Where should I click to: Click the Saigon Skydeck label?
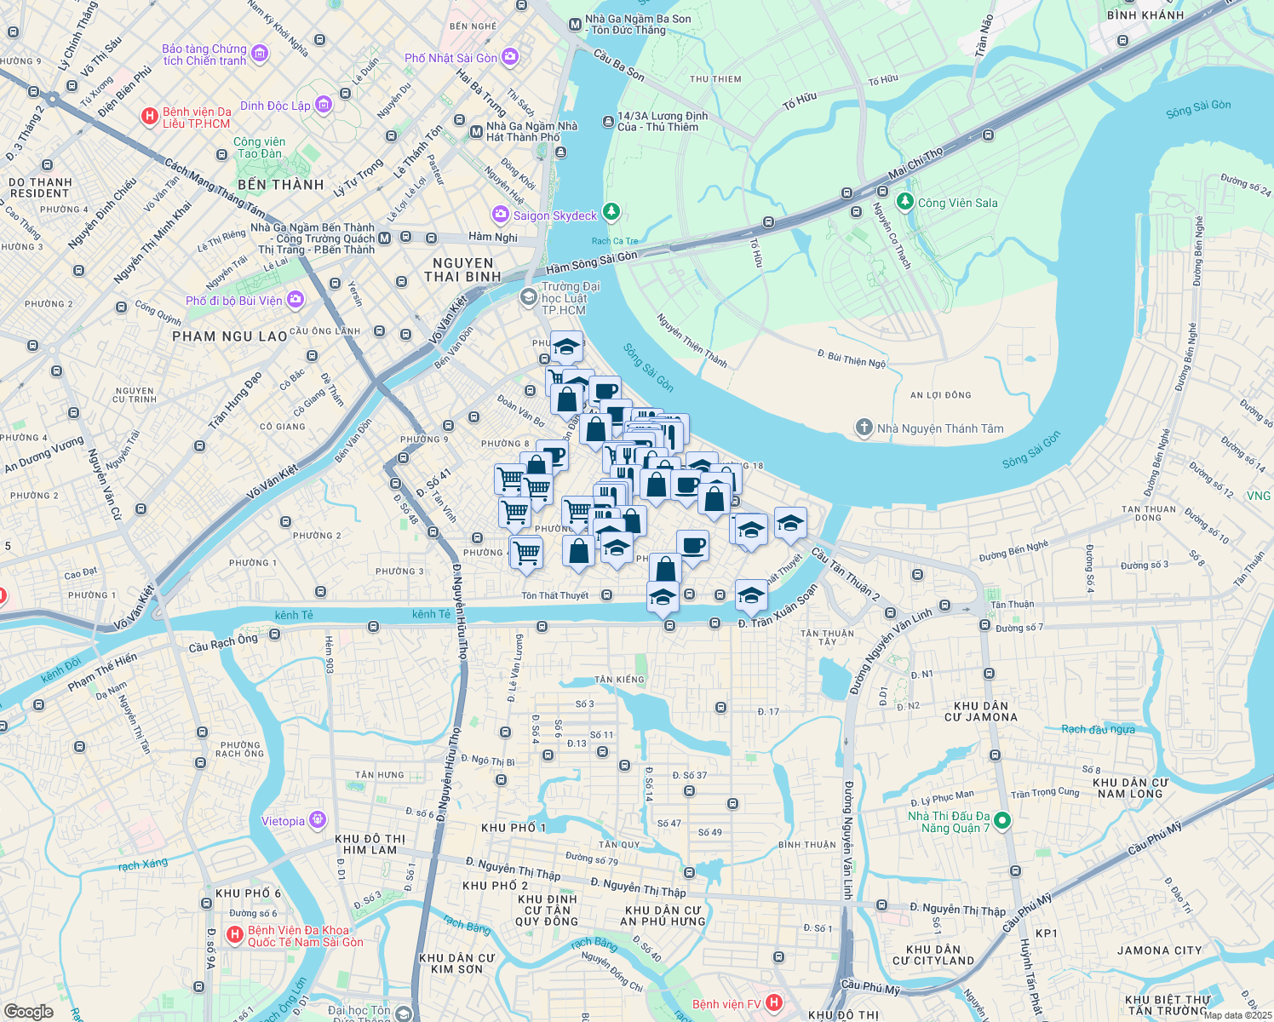[x=555, y=216]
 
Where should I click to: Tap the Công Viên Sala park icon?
[x=905, y=203]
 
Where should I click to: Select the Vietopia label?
[x=283, y=821]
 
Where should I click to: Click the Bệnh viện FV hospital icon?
[x=774, y=1003]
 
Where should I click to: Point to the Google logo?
[x=28, y=1011]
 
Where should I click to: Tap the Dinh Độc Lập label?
[x=275, y=106]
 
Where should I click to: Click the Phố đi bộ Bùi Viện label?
[x=234, y=301]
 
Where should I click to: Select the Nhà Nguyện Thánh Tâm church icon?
[x=864, y=428]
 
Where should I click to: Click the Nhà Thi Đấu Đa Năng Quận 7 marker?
[x=1002, y=821]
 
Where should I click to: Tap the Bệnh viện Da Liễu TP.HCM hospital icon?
[x=150, y=117]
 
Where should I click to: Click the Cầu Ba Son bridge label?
[x=619, y=65]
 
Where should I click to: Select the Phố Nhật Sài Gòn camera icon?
[x=509, y=57]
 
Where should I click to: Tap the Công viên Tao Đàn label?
[x=260, y=147]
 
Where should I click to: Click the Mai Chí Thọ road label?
[x=915, y=164]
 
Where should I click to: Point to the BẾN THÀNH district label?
[x=281, y=185]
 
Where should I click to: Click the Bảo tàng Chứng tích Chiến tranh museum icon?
[x=260, y=54]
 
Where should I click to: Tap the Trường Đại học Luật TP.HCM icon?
[x=528, y=296]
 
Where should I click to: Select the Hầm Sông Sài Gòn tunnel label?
[x=591, y=261]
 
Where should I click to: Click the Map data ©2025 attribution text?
[x=1237, y=1015]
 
